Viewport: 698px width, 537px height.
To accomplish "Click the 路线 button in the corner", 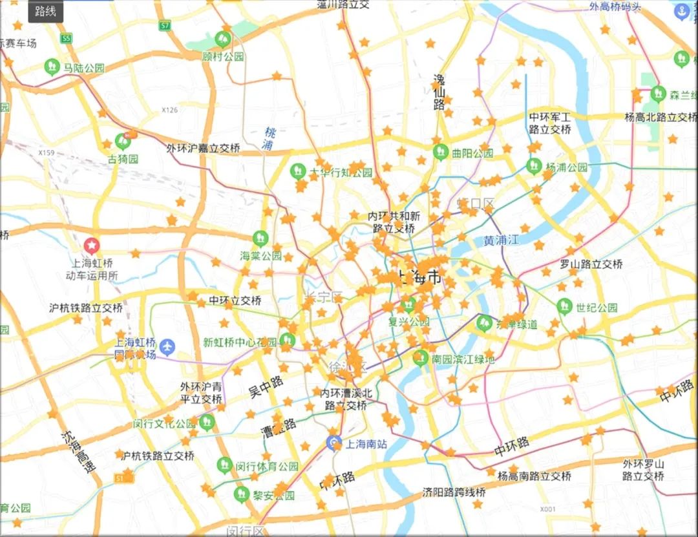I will (x=45, y=12).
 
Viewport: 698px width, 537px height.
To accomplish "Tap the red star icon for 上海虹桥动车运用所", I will (x=92, y=245).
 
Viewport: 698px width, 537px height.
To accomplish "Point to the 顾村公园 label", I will (x=224, y=57).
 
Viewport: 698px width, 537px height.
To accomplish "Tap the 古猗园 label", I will (x=123, y=158).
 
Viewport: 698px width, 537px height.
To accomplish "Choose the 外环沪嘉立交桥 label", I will (x=203, y=149).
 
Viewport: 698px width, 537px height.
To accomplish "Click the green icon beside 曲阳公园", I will (x=441, y=153).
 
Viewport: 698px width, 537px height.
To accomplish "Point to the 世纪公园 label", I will (x=597, y=308).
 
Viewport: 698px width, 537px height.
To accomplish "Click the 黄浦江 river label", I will (x=501, y=240).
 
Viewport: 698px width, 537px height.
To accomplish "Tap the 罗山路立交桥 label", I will (x=591, y=264).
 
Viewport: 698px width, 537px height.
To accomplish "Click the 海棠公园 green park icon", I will (x=261, y=238).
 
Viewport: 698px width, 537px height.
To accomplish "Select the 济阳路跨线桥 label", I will (x=454, y=491).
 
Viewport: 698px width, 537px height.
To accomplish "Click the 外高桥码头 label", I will (x=615, y=7).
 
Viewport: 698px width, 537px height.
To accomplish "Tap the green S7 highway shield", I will (x=165, y=26).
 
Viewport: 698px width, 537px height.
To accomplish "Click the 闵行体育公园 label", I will (x=266, y=466).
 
